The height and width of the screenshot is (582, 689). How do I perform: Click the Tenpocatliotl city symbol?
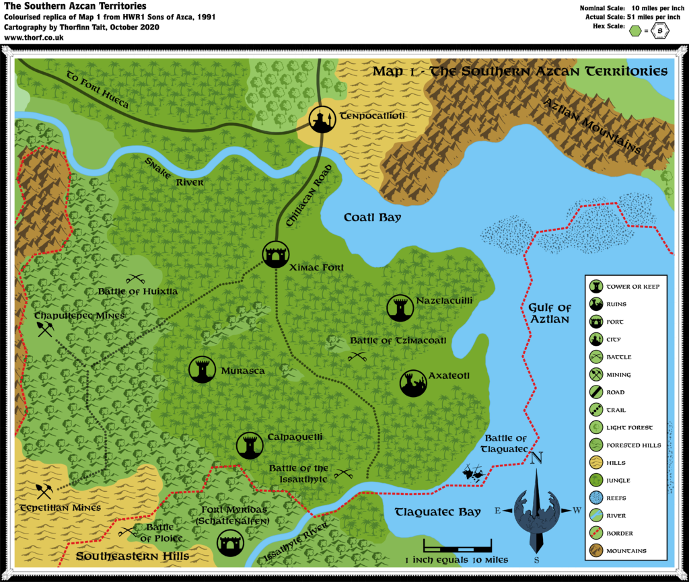coord(322,119)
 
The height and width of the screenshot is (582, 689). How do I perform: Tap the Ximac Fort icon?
coord(275,254)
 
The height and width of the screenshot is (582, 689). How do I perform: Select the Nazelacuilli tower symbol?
coord(400,307)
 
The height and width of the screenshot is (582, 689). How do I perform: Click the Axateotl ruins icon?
coord(413,383)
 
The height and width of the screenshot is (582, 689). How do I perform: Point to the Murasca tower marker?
coord(203,369)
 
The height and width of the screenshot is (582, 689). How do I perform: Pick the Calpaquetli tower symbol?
coord(250,445)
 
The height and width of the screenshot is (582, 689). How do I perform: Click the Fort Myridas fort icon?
coord(229,542)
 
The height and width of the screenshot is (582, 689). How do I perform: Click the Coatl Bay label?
coord(372,217)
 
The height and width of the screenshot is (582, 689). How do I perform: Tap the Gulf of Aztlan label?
coord(549,314)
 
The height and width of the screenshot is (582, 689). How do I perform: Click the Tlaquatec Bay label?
coord(438,511)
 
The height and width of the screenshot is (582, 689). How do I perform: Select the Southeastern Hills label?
coord(132,556)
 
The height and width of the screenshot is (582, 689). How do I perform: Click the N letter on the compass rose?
coord(536,460)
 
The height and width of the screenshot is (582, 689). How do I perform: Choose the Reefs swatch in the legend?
coord(596,498)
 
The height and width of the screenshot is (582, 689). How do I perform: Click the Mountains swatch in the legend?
coord(596,551)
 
